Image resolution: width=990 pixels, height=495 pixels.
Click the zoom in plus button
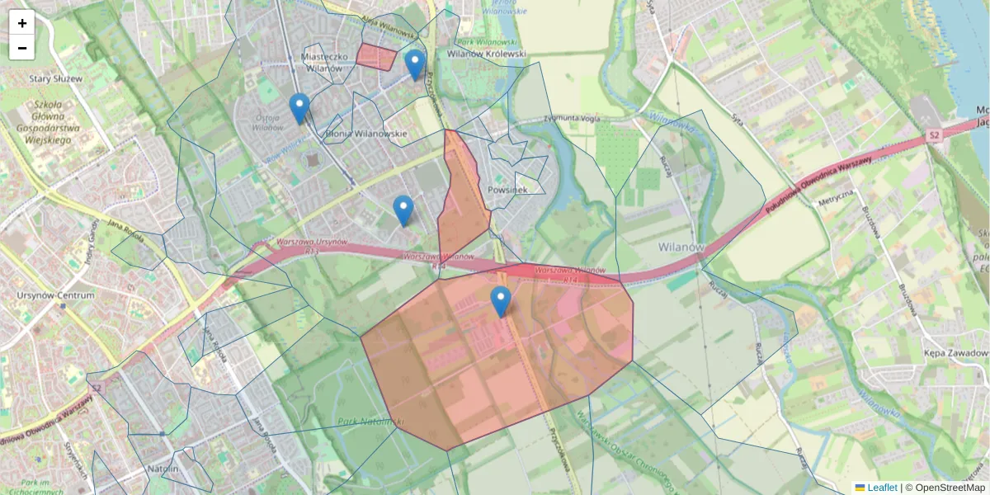pyautogui.click(x=22, y=23)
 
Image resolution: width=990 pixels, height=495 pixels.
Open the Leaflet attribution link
pyautogui.click(x=881, y=488)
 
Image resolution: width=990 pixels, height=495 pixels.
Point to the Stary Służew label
pyautogui.click(x=57, y=78)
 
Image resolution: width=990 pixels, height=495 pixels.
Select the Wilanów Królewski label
pyautogui.click(x=486, y=54)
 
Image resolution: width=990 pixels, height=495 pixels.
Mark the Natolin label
pyautogui.click(x=163, y=469)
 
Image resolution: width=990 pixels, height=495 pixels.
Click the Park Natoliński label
pyautogui.click(x=370, y=422)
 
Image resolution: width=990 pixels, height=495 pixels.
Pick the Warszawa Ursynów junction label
pyautogui.click(x=313, y=244)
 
